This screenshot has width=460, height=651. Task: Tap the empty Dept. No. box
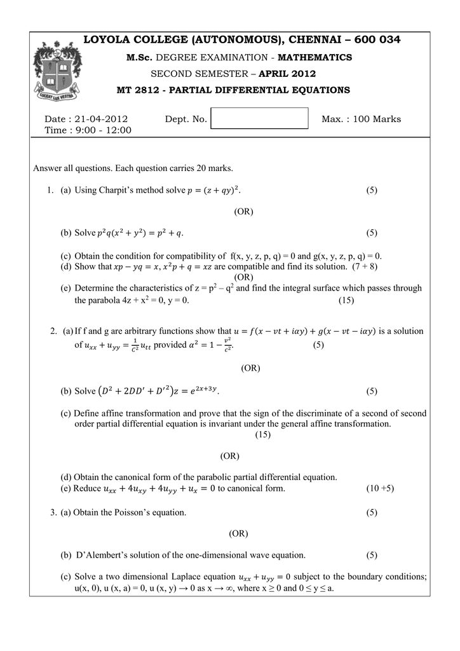coord(259,119)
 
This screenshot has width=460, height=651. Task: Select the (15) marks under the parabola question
coord(346,300)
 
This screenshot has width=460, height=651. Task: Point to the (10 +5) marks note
coord(380,488)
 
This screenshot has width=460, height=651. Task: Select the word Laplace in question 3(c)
coord(187,577)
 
